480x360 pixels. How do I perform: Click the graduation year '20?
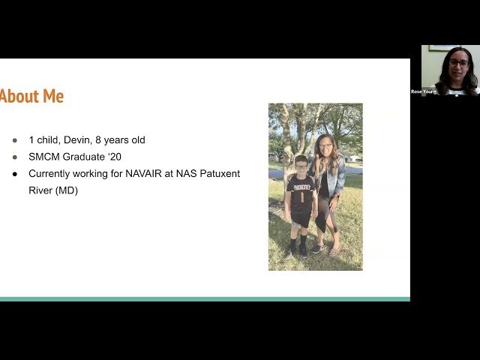click(131, 157)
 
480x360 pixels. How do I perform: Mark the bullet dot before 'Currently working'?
click(14, 173)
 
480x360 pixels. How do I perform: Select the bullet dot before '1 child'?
click(14, 140)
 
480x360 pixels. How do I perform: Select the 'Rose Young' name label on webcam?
click(424, 91)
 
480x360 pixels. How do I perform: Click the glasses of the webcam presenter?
click(458, 64)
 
